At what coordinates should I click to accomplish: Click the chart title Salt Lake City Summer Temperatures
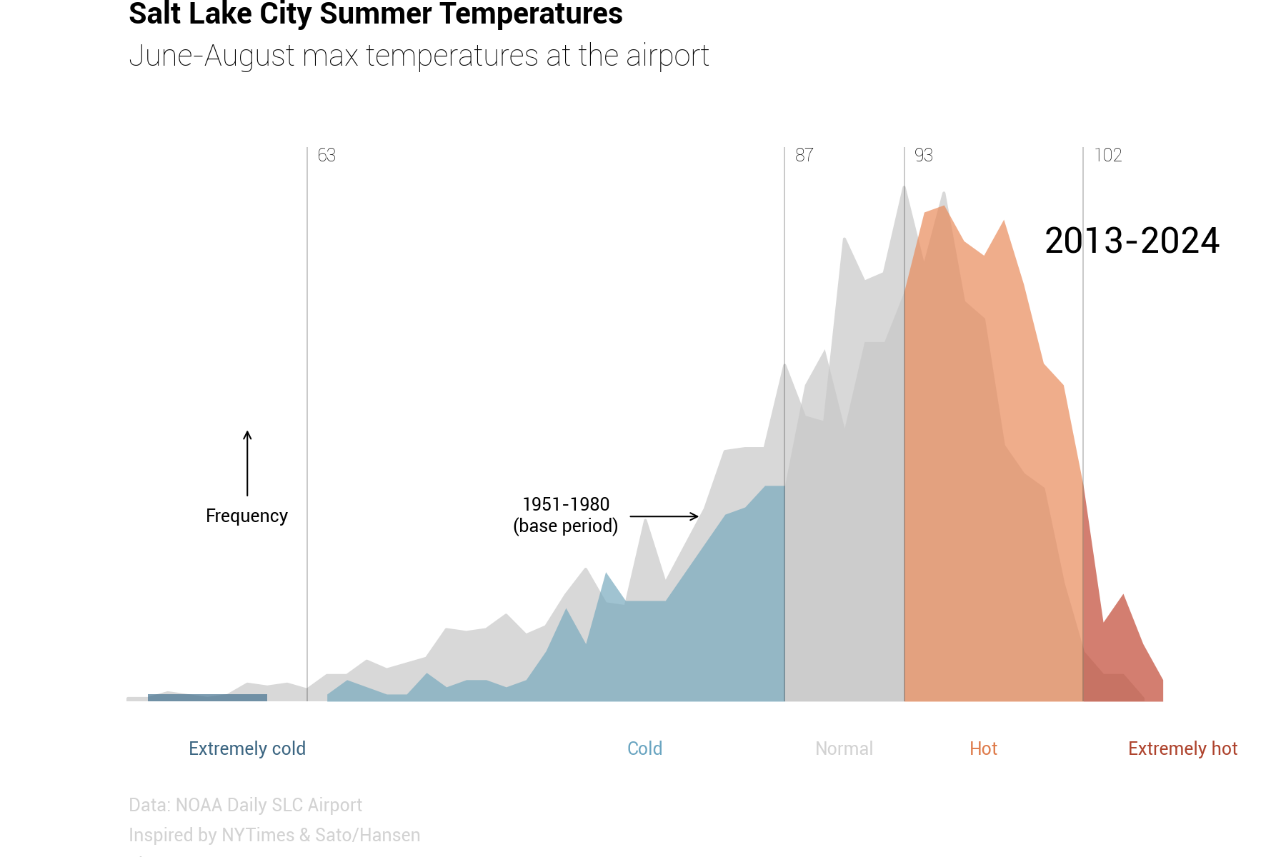click(375, 14)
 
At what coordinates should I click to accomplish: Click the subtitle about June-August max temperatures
click(419, 56)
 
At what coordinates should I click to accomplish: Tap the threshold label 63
click(327, 155)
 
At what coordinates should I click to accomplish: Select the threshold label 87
click(804, 155)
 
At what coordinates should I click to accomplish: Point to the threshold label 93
click(923, 155)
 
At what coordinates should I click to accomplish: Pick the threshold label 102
click(1107, 155)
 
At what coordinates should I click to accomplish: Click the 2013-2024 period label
click(1132, 241)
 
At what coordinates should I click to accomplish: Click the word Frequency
click(246, 516)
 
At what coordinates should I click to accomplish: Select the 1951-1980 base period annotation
click(566, 515)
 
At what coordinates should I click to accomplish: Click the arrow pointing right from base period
click(664, 516)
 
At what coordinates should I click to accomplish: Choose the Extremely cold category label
click(247, 748)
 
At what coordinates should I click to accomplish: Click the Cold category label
click(644, 748)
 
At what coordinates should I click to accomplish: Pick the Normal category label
click(844, 748)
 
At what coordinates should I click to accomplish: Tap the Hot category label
click(983, 748)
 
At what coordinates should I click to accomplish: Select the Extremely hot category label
click(1182, 748)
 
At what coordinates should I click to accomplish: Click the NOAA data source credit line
click(245, 805)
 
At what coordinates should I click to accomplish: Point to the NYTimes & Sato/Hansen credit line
click(274, 835)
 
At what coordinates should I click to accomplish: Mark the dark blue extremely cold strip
click(207, 698)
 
